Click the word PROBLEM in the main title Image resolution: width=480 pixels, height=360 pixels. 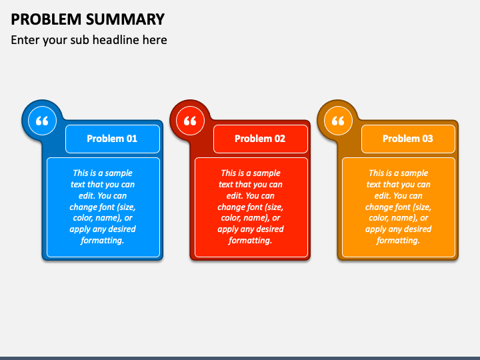point(46,19)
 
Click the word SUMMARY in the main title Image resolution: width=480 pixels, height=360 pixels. point(125,19)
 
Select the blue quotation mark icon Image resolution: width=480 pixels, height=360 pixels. point(42,121)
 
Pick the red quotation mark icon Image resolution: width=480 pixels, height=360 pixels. point(190,121)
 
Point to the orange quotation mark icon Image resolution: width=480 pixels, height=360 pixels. point(338,121)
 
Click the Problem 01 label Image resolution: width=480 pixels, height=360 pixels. point(112,139)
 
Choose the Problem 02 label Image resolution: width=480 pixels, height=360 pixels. point(260,139)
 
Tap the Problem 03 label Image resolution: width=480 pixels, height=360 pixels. point(408,139)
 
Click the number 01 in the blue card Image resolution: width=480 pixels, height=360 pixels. point(132,139)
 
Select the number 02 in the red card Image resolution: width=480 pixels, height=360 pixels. point(280,139)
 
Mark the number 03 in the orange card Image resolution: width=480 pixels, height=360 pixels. point(427,139)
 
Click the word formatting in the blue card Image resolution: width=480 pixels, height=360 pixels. point(102,241)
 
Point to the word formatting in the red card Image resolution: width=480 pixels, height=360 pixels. point(250,241)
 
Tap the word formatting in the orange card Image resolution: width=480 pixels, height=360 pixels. point(398,241)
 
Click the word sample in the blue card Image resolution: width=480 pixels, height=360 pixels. point(119,173)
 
